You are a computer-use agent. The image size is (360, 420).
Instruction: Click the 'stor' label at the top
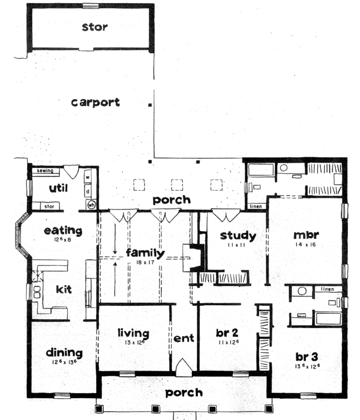coord(95,27)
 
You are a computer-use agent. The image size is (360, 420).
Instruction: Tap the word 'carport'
coord(95,102)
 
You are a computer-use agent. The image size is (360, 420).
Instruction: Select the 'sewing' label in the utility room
coord(45,171)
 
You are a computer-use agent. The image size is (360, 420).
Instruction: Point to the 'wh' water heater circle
coord(92,205)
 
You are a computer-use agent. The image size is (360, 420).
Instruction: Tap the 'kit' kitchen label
coord(64,289)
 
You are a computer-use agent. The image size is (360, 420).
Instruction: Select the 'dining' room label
coord(64,353)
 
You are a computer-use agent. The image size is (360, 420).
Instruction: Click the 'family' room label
coord(145,253)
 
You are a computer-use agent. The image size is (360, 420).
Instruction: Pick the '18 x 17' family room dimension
coord(146,262)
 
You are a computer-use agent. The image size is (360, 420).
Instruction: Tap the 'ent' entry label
coord(184,338)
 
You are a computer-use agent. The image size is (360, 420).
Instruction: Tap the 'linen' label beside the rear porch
coord(255,207)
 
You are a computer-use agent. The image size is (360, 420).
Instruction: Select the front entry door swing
coord(184,365)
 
